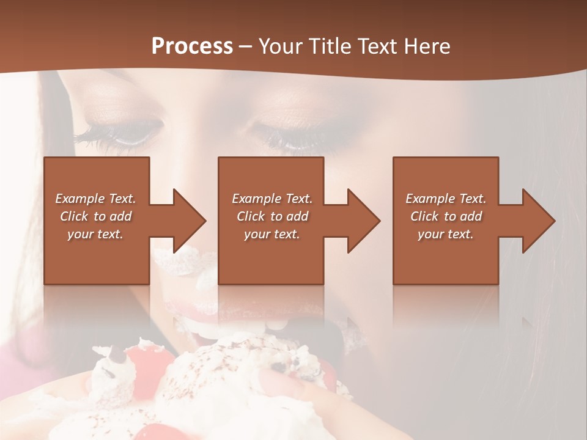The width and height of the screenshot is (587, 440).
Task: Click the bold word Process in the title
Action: coord(192,46)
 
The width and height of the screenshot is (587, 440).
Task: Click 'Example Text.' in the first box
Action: coord(96,199)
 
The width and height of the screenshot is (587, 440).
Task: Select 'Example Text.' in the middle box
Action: coord(272,199)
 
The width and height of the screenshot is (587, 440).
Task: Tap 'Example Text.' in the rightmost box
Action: coord(446,199)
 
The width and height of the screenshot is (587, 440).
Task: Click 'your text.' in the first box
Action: coord(96,234)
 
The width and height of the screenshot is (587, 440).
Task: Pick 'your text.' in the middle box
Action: coord(272,234)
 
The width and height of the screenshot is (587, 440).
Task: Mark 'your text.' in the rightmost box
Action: coord(446,234)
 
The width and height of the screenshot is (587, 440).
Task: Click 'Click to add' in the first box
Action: coord(96,216)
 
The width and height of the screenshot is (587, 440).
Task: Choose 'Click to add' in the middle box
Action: coord(272,216)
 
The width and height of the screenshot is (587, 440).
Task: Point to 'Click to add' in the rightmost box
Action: coord(446,216)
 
